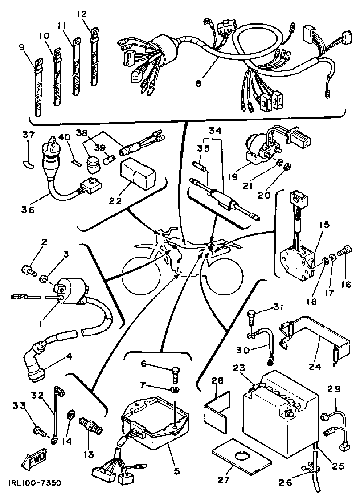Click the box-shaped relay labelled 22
coord(137,172)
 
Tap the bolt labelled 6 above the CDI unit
coord(175,371)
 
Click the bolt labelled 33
coord(39,431)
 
